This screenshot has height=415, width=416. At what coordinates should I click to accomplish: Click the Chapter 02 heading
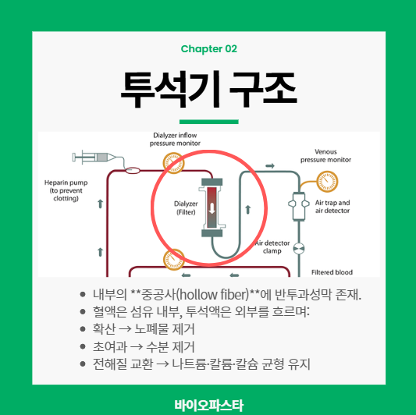point(209,49)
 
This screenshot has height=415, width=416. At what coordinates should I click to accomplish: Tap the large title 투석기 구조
point(209,90)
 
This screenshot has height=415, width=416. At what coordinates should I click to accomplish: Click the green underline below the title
point(209,122)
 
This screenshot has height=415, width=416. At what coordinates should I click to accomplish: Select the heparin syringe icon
point(94,158)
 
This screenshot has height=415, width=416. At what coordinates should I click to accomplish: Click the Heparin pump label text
point(66,190)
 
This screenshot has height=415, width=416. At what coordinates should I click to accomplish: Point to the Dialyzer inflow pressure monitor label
point(175,139)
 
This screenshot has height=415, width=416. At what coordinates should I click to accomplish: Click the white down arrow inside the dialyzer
point(212,208)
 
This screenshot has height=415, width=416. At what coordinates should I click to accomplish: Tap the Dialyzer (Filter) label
point(186,208)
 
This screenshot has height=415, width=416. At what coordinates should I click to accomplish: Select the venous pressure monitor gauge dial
point(327,182)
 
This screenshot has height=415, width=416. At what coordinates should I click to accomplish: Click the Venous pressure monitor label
point(325,156)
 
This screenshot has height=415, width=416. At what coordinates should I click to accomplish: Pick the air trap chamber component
point(299,206)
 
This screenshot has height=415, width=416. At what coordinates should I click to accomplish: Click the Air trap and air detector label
point(332,207)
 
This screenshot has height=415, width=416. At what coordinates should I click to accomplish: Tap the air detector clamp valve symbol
point(299,249)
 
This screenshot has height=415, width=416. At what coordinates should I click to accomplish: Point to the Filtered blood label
point(332,272)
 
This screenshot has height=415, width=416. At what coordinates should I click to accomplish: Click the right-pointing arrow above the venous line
point(270,166)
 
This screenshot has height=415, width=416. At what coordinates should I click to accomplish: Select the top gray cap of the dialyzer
point(212,182)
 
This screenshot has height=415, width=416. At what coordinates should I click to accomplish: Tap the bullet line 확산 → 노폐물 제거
point(144,329)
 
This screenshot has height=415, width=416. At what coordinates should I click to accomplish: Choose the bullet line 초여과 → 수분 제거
point(144,346)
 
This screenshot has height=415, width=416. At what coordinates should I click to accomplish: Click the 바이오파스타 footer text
point(209,405)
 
